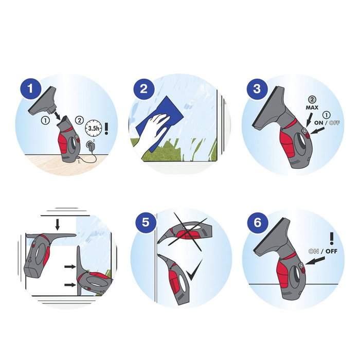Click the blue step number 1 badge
click(31, 89)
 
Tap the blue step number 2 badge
click(143, 89)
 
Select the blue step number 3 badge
click(257, 89)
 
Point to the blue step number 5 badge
click(146, 223)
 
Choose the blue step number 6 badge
click(258, 223)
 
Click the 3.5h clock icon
click(94, 128)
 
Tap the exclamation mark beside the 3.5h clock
click(106, 129)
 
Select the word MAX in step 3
click(312, 107)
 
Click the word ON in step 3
click(318, 123)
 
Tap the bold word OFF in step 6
click(331, 251)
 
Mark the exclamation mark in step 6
click(332, 238)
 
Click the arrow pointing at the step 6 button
click(315, 261)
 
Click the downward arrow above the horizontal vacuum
click(58, 225)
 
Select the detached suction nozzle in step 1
click(43, 100)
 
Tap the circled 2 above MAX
click(312, 99)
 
